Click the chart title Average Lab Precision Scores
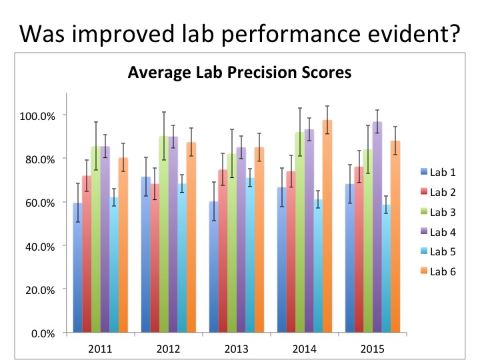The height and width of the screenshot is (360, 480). tap(239, 73)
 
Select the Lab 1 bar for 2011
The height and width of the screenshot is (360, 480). tap(78, 267)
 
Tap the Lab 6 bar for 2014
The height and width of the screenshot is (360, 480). tap(327, 227)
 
